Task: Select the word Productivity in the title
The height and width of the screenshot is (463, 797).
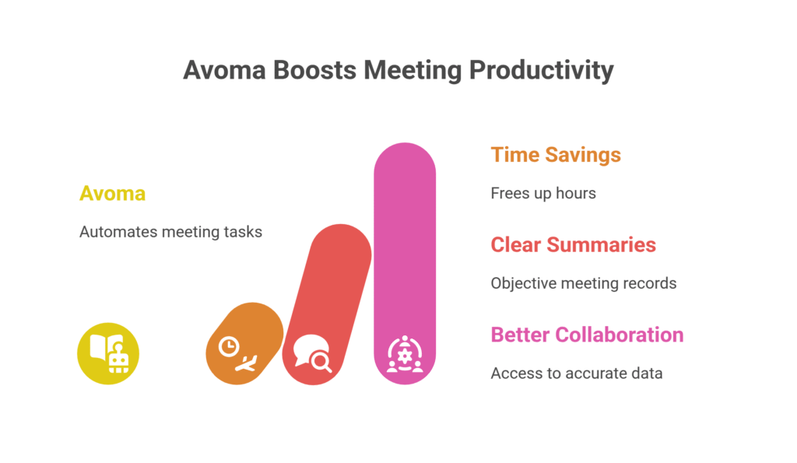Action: point(542,70)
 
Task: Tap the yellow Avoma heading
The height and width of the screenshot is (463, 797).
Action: point(112,193)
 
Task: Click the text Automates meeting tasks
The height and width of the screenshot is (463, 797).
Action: point(170,232)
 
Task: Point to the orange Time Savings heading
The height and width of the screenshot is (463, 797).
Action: point(556,155)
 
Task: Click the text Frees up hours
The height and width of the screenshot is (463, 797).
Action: point(543,193)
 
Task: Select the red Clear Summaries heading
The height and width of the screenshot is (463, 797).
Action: point(573,244)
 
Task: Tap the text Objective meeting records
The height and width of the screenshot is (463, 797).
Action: point(583,283)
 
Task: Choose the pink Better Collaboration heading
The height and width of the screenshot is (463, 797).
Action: point(587,335)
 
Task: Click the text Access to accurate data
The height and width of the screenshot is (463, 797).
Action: point(576,374)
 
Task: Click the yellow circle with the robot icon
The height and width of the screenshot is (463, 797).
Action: point(108,354)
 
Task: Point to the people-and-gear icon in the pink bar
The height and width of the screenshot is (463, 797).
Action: point(405,354)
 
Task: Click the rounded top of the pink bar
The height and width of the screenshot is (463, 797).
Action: point(405,160)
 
